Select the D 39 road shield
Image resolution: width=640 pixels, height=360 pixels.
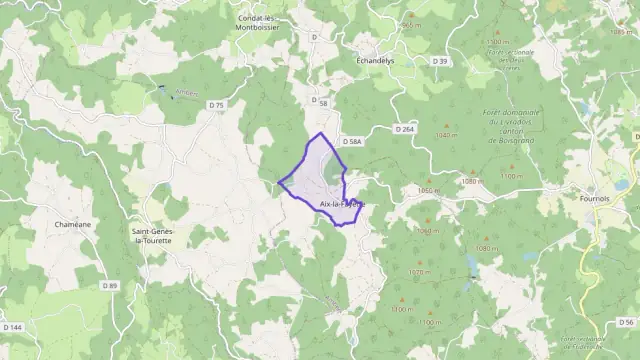[440, 61]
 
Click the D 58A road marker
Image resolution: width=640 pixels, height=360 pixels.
[351, 143]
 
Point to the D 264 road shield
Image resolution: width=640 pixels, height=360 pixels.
[404, 129]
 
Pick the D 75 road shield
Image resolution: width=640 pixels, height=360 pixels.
[217, 104]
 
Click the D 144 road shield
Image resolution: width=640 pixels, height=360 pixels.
[13, 327]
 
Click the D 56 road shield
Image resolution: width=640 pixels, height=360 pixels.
[626, 322]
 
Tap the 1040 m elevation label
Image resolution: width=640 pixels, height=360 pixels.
[614, 31]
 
